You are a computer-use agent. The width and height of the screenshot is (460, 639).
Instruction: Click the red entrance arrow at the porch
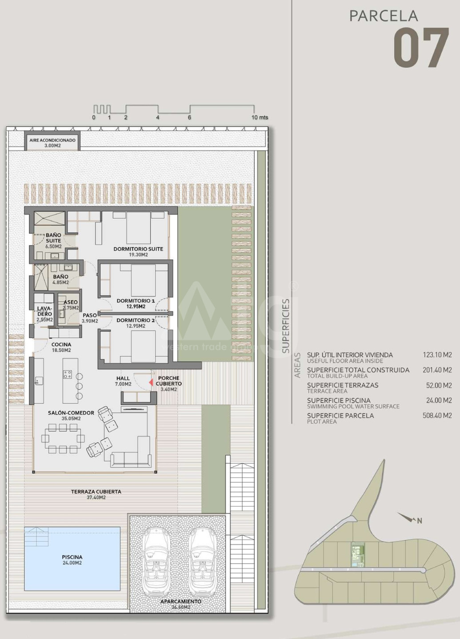pyautogui.click(x=151, y=383)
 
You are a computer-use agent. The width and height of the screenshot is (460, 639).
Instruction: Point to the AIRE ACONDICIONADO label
pyautogui.click(x=52, y=140)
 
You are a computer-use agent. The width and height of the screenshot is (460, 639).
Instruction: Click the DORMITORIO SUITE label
pyautogui.click(x=138, y=249)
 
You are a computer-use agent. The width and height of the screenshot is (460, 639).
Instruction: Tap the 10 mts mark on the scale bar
pyautogui.click(x=260, y=117)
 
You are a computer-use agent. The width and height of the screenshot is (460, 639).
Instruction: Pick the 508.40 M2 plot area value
pyautogui.click(x=437, y=415)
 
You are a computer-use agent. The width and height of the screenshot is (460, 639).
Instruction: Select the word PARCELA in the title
pyautogui.click(x=384, y=16)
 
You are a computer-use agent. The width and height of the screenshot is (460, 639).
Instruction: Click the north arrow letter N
pyautogui.click(x=420, y=521)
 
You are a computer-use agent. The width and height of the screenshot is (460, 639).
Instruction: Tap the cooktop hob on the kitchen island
pyautogui.click(x=68, y=374)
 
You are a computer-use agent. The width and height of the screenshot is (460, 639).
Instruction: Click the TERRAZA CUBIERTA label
pyautogui.click(x=96, y=492)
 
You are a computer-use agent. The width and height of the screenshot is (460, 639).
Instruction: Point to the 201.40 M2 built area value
pyautogui.click(x=437, y=370)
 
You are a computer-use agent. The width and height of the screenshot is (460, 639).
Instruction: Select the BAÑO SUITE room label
pyautogui.click(x=53, y=238)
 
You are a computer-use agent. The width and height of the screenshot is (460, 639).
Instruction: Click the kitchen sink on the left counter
pyautogui.click(x=39, y=381)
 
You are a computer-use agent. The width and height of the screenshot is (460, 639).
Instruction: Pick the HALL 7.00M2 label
pyautogui.click(x=123, y=381)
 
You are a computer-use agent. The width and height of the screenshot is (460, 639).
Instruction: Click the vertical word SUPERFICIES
pyautogui.click(x=286, y=326)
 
